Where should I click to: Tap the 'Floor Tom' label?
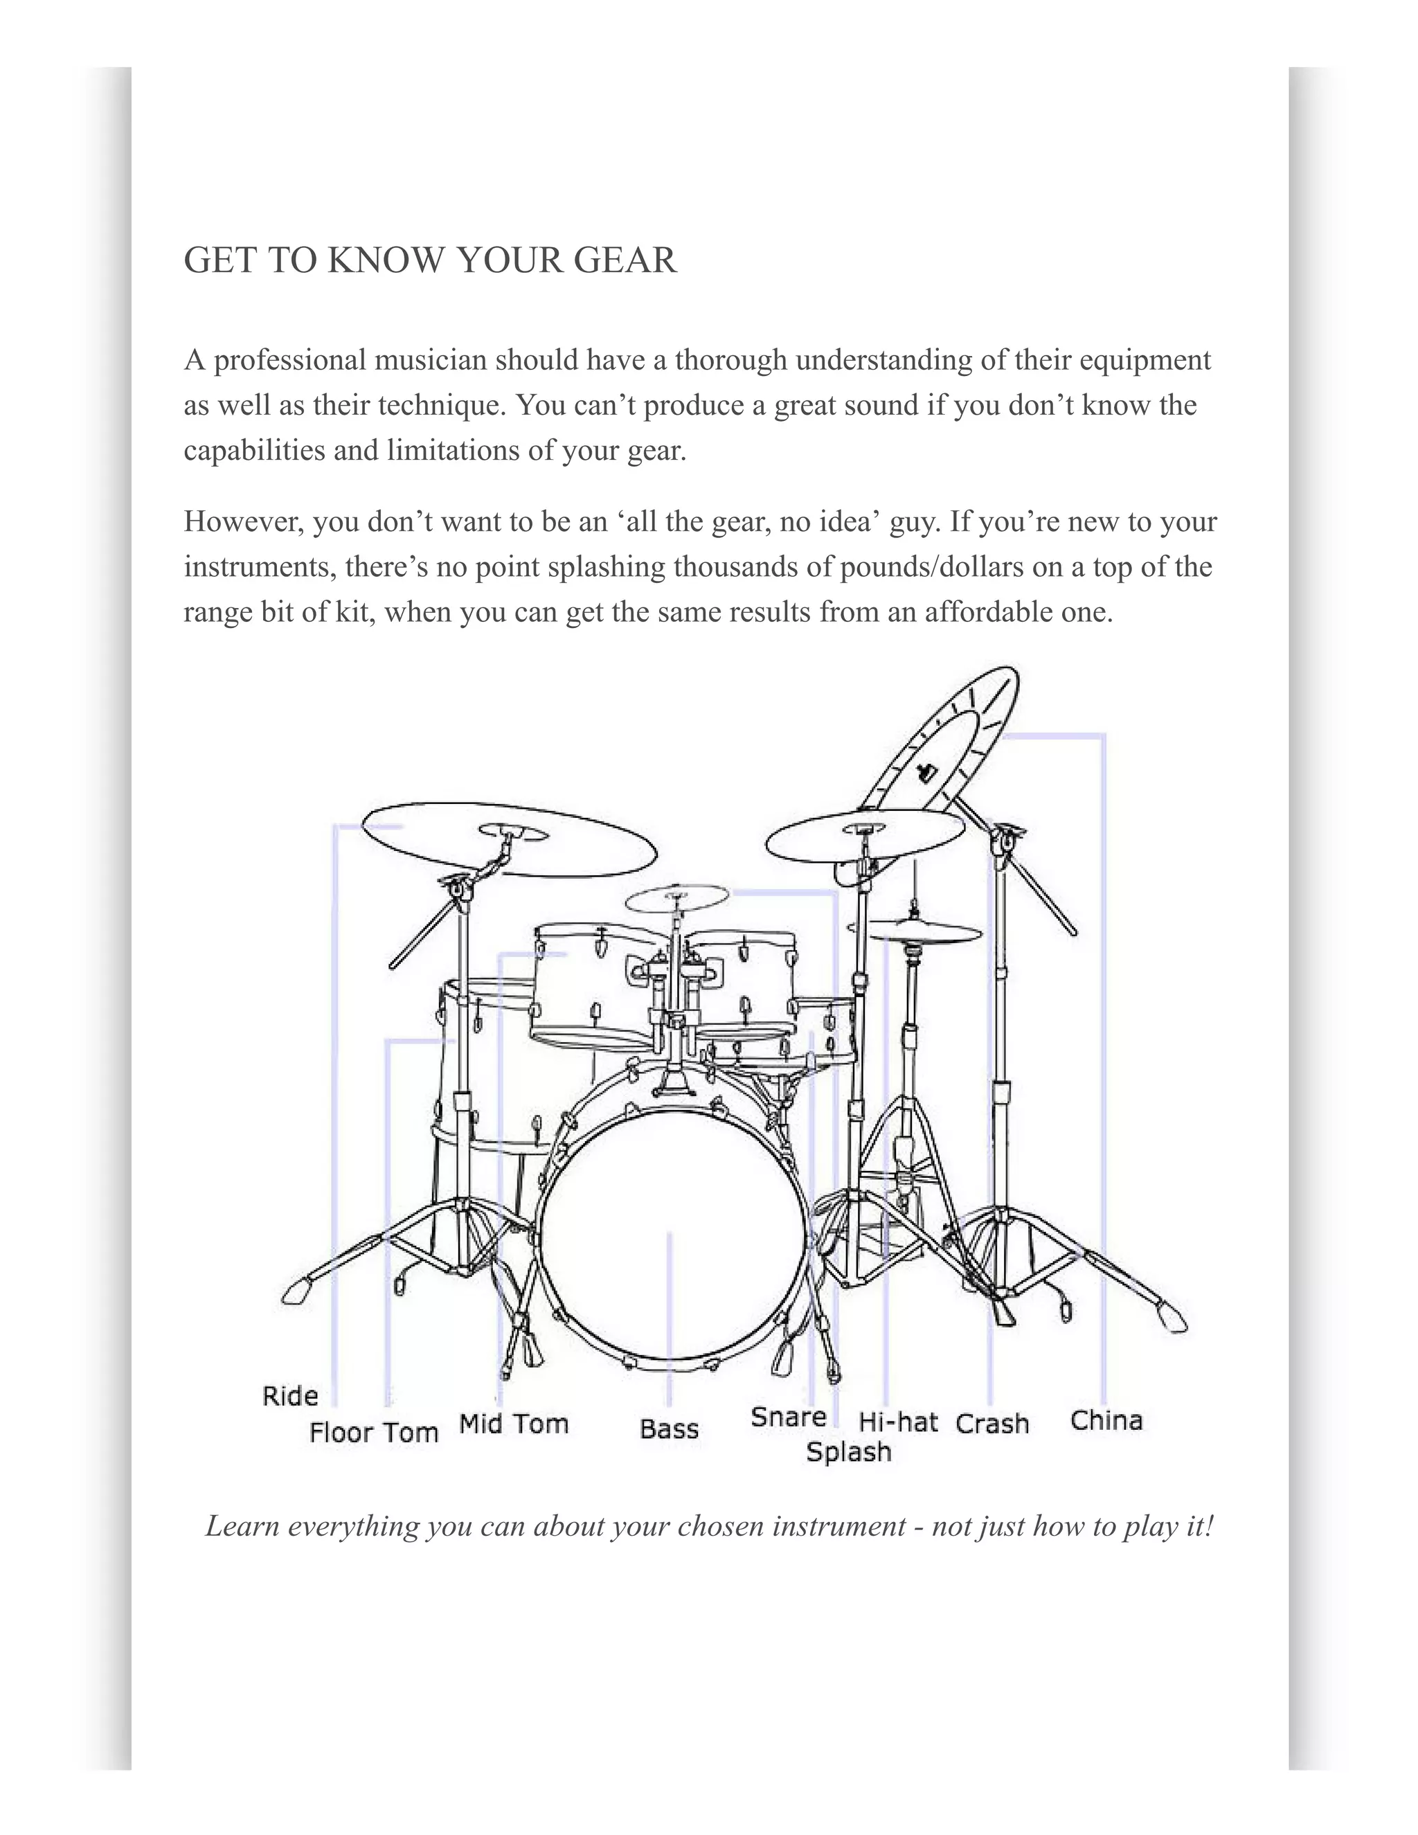tap(374, 1432)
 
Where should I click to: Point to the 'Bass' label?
tap(669, 1429)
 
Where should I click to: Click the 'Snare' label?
tap(789, 1417)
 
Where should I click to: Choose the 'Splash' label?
tap(848, 1452)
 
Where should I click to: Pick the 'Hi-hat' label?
tap(898, 1422)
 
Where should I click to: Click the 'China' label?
tap(1106, 1420)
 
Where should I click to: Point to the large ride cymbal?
tap(509, 839)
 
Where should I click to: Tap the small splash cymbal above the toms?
tap(677, 899)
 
